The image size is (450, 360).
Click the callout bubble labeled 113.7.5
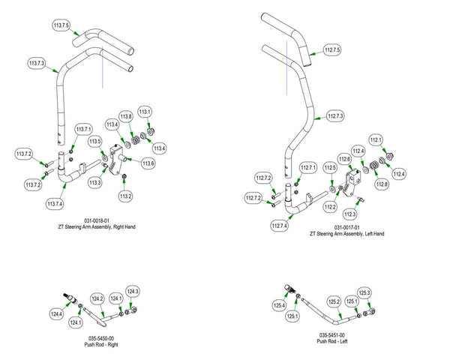pos(61,26)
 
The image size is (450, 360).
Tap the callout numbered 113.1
pos(145,112)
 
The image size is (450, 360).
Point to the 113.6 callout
pos(148,163)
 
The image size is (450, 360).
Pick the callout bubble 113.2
pos(125,196)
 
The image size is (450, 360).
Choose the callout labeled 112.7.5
pos(332,50)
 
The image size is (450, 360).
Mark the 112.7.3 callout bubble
pos(335,116)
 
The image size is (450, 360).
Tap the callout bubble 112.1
pos(376,139)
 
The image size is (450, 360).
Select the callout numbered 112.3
pos(349,214)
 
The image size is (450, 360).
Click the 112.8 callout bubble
pos(382,184)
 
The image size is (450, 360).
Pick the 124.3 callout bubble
pos(133,291)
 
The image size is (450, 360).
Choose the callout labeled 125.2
pos(334,301)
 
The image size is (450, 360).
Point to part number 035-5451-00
pos(333,334)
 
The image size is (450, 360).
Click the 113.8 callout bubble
pos(126,117)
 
